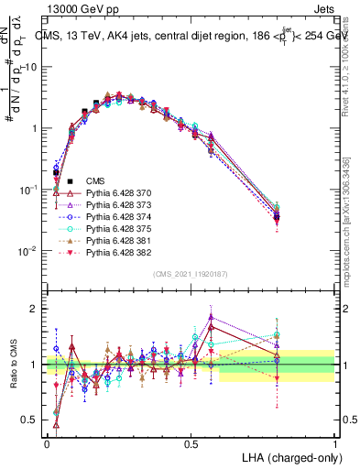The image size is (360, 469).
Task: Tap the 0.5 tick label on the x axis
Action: click(191, 442)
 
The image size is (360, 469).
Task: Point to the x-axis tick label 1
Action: click(335, 442)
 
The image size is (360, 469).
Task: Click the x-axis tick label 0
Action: click(48, 442)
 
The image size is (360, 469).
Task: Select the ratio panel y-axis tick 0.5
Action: click(32, 420)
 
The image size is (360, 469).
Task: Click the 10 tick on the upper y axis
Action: click(33, 68)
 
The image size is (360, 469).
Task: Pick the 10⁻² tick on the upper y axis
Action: click(30, 250)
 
